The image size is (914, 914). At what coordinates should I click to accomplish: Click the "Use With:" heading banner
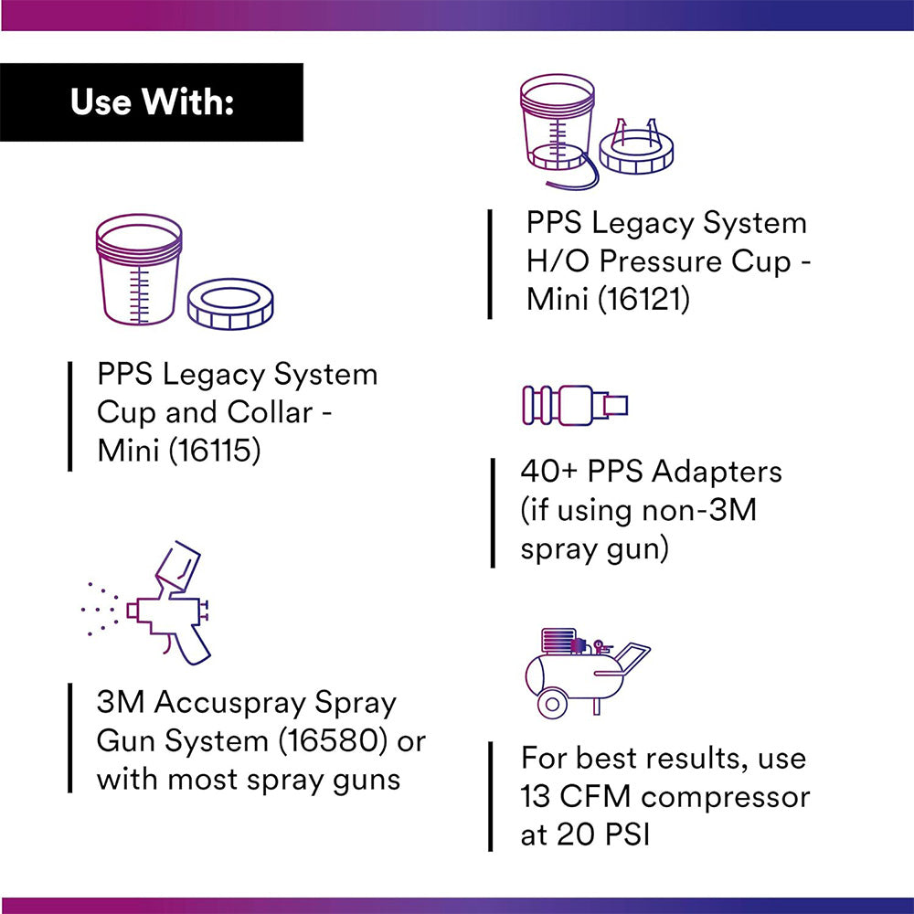[x=152, y=102]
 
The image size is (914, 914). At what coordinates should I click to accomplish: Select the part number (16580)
[x=326, y=741]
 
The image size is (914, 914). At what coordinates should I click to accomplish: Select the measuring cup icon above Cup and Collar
[x=139, y=269]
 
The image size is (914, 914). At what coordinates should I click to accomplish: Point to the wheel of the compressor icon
[x=551, y=703]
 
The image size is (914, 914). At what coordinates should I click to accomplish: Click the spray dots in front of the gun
[x=99, y=606]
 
